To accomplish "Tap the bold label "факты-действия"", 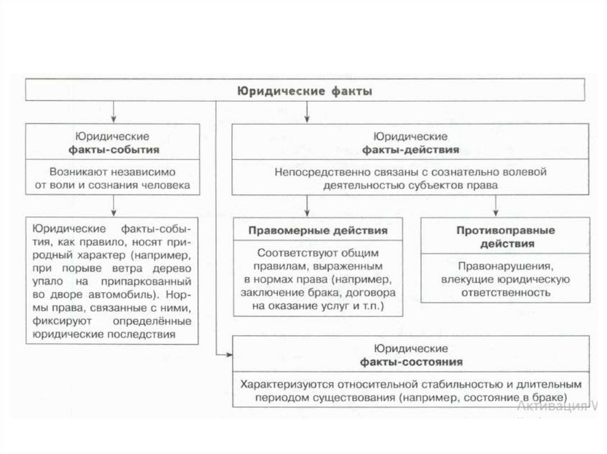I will pos(410,150).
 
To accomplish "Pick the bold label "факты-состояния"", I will pos(411,361).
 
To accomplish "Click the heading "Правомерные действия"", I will pos(318,231).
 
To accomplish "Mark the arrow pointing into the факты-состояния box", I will pos(226,354).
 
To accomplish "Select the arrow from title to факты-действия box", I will pos(307,112).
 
